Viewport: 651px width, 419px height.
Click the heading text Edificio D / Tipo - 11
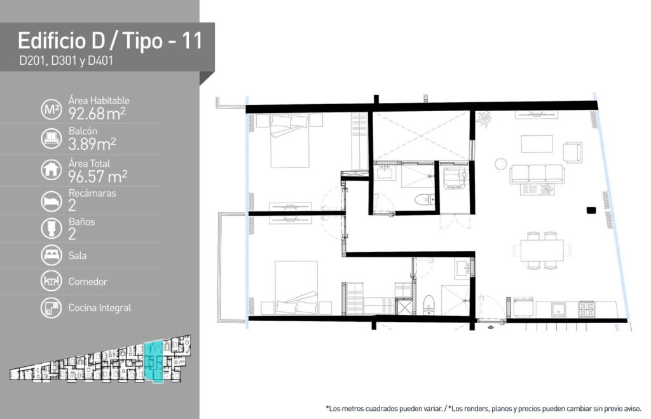pos(110,41)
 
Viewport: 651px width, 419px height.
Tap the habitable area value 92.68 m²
pos(97,114)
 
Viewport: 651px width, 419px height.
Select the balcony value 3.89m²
pos(92,144)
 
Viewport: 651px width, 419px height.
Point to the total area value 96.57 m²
pos(98,176)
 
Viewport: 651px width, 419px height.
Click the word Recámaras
pos(92,193)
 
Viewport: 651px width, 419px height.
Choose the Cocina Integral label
pos(100,308)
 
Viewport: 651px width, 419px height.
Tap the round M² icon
pos(51,110)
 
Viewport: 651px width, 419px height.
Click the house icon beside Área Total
pos(51,170)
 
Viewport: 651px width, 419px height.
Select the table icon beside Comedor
pos(51,281)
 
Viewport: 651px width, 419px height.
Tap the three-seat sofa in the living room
pos(537,174)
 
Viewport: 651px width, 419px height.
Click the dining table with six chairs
pos(542,250)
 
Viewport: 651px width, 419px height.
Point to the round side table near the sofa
pos(501,164)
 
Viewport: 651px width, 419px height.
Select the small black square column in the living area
pos(591,210)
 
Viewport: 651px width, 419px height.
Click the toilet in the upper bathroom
pos(424,200)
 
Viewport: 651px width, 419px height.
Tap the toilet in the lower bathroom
pos(428,305)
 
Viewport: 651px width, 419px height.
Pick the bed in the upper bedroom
pos(290,141)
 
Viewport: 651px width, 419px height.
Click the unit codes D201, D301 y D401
pos(66,61)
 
